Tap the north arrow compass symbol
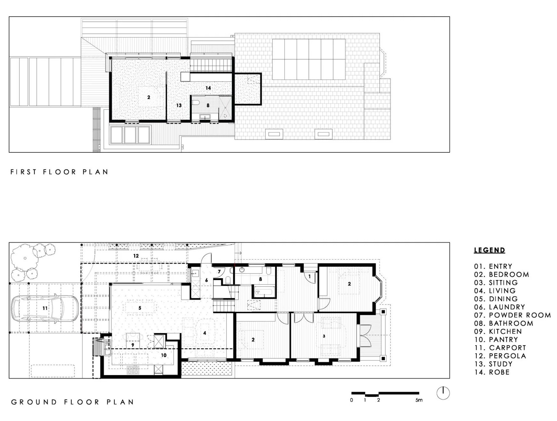(x=443, y=393)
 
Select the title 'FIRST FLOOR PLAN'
(x=59, y=172)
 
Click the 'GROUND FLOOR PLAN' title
(x=73, y=402)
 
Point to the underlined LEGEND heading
(x=490, y=250)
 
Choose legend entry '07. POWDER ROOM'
(x=512, y=315)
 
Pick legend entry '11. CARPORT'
(x=500, y=348)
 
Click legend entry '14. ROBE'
(x=492, y=372)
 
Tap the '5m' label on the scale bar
(x=419, y=400)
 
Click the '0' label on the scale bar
(x=352, y=400)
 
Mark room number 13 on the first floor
(x=179, y=105)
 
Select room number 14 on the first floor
(x=208, y=88)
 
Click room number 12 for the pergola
(x=136, y=256)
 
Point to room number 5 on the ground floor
(x=140, y=308)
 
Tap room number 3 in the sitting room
(x=324, y=336)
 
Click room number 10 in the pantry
(x=164, y=355)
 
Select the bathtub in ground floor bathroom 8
(x=263, y=293)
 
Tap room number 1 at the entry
(x=309, y=276)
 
